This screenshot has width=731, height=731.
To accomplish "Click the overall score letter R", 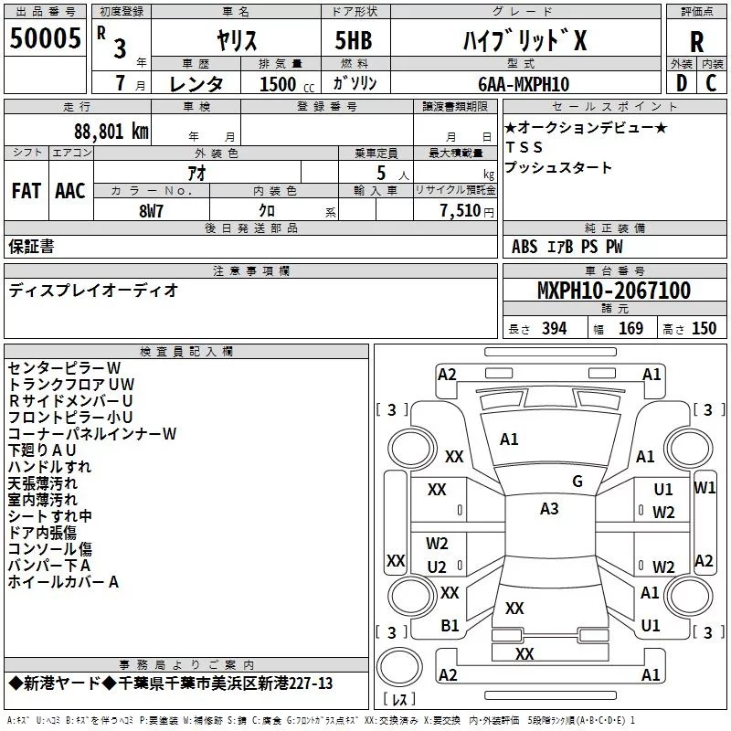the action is coord(696,41).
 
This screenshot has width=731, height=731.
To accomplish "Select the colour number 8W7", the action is coord(152,210).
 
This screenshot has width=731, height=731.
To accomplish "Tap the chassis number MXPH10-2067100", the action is coord(613,291).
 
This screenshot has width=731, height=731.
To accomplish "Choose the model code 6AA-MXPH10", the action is coord(523,84).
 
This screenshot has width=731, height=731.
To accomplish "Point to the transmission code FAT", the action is coord(26,191).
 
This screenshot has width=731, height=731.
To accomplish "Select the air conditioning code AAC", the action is coord(70,191).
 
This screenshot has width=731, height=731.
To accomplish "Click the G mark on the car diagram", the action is coord(577,481).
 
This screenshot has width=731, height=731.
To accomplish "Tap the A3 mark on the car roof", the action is coord(549,509).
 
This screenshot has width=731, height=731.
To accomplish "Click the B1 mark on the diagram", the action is coord(450,625).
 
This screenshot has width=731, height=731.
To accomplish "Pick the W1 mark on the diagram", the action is coord(705,487).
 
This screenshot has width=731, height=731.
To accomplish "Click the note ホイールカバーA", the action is coord(64,581).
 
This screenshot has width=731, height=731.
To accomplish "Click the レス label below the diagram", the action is coord(399,701).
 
